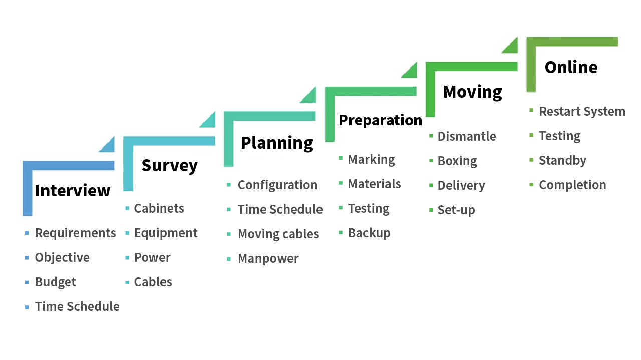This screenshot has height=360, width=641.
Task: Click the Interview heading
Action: [73, 191]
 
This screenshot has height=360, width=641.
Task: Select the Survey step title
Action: [169, 166]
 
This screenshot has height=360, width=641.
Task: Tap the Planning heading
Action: [277, 143]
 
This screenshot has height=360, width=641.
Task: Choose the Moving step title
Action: [472, 92]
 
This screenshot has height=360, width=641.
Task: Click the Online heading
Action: [571, 68]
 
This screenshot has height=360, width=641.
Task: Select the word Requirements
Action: [75, 233]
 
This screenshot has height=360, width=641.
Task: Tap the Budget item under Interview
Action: [55, 282]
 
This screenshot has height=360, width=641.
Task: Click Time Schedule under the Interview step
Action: [77, 307]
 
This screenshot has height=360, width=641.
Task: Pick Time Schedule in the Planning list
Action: [280, 209]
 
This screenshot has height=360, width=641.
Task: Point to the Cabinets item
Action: [159, 209]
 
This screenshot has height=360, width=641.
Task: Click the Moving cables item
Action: [278, 234]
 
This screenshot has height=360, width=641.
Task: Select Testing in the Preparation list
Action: [369, 209]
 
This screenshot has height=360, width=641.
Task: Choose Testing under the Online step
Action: [560, 136]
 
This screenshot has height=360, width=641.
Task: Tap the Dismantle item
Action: [467, 137]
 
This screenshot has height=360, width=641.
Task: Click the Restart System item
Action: [582, 112]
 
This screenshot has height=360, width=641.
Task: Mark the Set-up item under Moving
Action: [456, 210]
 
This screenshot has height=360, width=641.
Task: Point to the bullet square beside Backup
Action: [341, 233]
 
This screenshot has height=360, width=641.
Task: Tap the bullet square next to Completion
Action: [531, 185]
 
